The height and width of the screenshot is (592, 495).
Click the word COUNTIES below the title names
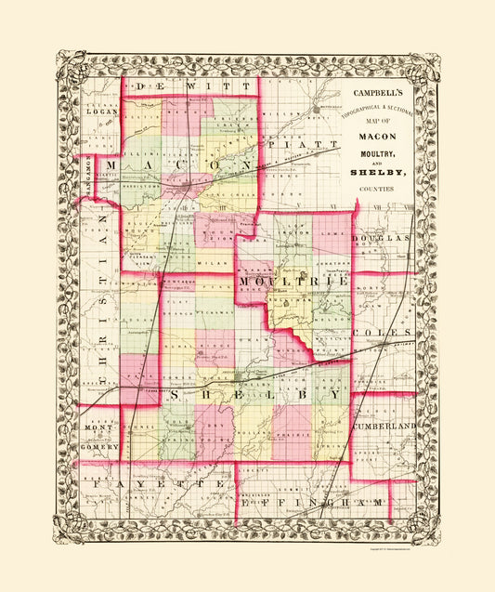point(375,190)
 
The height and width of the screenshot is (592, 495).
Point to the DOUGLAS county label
point(385,239)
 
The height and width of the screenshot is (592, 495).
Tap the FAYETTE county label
point(151,485)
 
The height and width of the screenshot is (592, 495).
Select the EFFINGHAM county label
point(316,503)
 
